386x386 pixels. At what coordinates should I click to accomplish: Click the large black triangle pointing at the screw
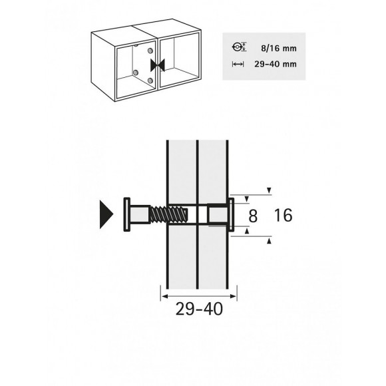pyautogui.click(x=106, y=214)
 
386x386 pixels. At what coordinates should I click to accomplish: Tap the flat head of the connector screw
pyautogui.click(x=126, y=214)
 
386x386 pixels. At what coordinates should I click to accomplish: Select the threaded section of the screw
pyautogui.click(x=169, y=214)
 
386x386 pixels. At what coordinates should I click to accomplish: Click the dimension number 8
pyautogui.click(x=253, y=216)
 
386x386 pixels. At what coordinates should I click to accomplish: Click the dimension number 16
pyautogui.click(x=283, y=215)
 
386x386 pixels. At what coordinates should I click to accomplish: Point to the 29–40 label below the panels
pyautogui.click(x=199, y=309)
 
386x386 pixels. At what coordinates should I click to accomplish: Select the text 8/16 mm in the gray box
pyautogui.click(x=279, y=48)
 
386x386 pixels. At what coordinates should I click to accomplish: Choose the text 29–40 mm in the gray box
pyautogui.click(x=276, y=65)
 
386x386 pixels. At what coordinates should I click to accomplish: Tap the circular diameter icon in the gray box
pyautogui.click(x=238, y=47)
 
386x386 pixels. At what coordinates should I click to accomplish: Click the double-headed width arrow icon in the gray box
pyautogui.click(x=238, y=65)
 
